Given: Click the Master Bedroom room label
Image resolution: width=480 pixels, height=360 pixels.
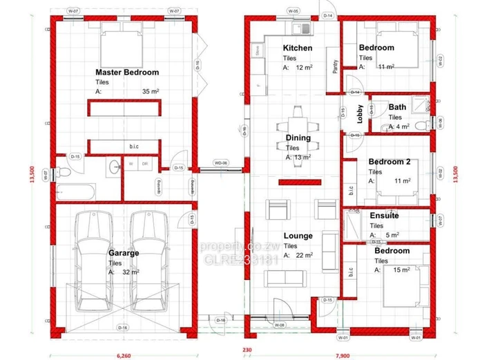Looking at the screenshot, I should pyautogui.click(x=127, y=72).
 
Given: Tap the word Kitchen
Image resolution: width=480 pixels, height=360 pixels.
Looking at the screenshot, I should pyautogui.click(x=298, y=48).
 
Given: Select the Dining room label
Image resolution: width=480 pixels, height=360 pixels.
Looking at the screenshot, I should pyautogui.click(x=298, y=138).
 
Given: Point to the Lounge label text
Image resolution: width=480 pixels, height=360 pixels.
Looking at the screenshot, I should pyautogui.click(x=298, y=236).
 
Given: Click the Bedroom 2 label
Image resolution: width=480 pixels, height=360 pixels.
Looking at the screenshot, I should pyautogui.click(x=390, y=162).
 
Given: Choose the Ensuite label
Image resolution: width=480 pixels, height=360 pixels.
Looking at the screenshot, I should pyautogui.click(x=385, y=216).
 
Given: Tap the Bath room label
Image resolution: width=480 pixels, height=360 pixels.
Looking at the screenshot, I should pyautogui.click(x=397, y=107).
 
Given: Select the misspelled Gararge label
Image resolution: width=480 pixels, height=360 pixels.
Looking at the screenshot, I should pyautogui.click(x=124, y=253).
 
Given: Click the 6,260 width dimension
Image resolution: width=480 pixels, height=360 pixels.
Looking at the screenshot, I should pyautogui.click(x=120, y=349).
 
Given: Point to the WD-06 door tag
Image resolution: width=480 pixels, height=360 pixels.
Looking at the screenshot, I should pyautogui.click(x=221, y=162).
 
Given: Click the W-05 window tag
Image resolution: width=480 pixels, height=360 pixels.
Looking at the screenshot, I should pyautogui.click(x=294, y=12).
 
